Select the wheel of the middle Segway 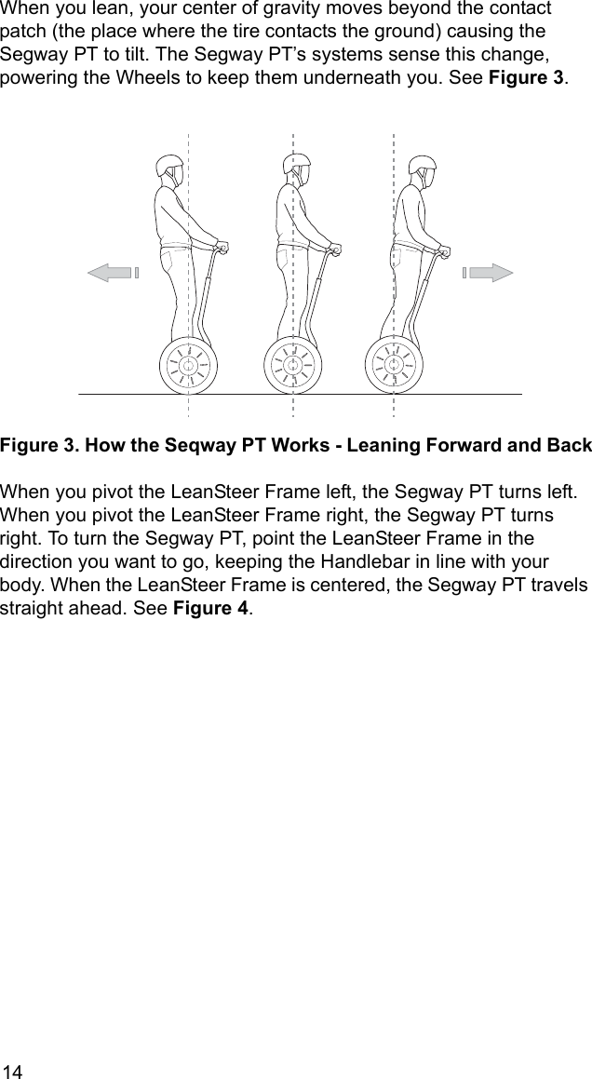293,364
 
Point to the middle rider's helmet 296,168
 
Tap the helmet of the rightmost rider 423,169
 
